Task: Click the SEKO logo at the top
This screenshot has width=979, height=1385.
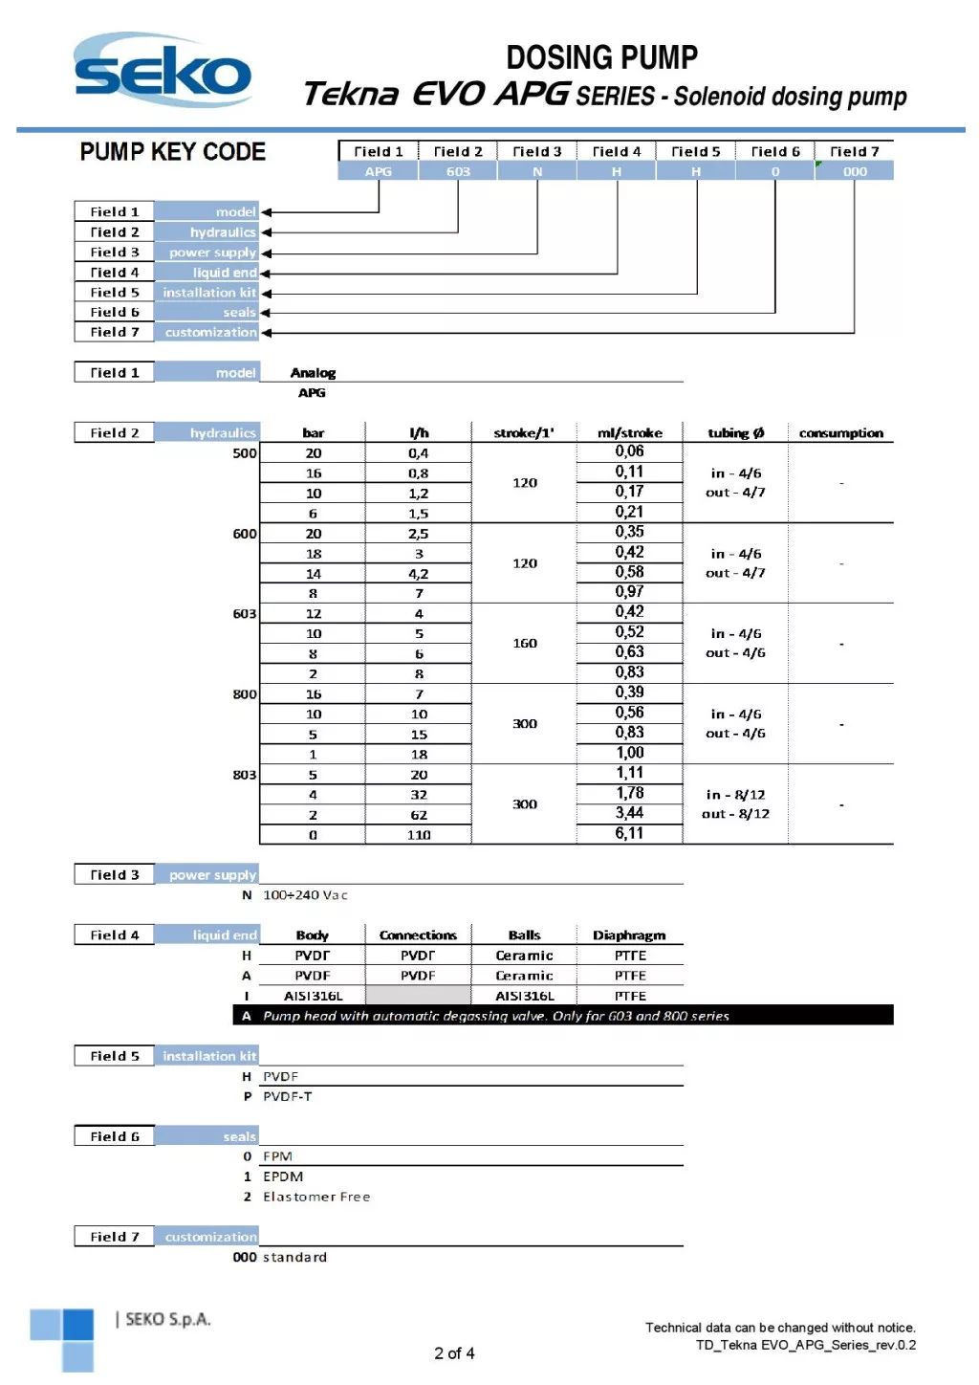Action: tap(163, 71)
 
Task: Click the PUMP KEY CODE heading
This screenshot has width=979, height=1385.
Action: tap(172, 152)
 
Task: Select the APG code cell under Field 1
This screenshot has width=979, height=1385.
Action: tap(379, 172)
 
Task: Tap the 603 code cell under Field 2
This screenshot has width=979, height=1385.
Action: tap(458, 172)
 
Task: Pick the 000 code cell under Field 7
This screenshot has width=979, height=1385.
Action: tap(855, 172)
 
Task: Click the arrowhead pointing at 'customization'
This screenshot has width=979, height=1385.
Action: tap(267, 333)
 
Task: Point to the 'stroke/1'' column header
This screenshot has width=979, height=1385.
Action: tap(524, 433)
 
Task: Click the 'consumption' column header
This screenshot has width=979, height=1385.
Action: tap(841, 433)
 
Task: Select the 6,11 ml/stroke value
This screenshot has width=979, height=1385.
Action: tap(629, 834)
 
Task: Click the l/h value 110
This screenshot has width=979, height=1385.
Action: tap(419, 835)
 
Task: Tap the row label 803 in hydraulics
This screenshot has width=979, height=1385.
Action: tap(245, 775)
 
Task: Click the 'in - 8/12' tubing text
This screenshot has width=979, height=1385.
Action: tap(735, 795)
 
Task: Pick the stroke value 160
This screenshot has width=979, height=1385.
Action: tap(525, 644)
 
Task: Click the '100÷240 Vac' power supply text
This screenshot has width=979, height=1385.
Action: tap(306, 895)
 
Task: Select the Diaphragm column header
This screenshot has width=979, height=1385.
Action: tap(629, 935)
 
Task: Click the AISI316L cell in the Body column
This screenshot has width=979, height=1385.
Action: tap(313, 996)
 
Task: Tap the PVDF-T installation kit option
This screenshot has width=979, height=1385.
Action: tap(288, 1096)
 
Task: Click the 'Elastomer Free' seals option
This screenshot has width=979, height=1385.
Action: tap(316, 1197)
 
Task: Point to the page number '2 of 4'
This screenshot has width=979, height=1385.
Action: tap(454, 1353)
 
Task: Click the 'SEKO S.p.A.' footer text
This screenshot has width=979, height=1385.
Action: tap(168, 1320)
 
